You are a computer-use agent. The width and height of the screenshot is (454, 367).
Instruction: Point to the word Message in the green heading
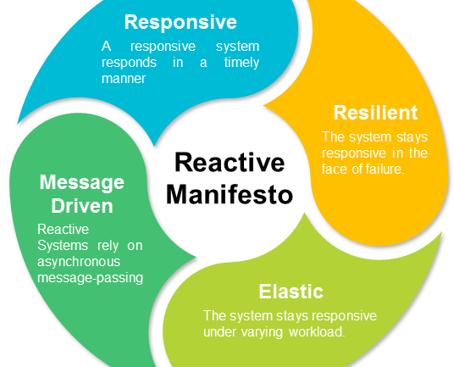[x=81, y=184]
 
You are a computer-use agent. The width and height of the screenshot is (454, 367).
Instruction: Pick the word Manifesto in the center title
[x=230, y=194]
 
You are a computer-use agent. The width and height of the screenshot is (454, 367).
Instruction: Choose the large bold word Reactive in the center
[x=230, y=162]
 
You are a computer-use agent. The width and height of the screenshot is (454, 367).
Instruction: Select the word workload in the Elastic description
[x=316, y=330]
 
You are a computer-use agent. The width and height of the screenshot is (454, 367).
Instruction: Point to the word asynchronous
[x=80, y=262]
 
